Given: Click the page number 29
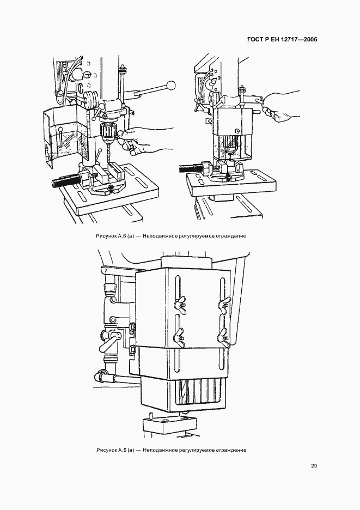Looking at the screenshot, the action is [x=314, y=466].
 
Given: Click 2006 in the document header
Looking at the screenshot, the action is [x=309, y=40].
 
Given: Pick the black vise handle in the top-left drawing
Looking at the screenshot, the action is [x=65, y=181].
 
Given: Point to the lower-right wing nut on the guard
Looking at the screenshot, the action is [x=222, y=336].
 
